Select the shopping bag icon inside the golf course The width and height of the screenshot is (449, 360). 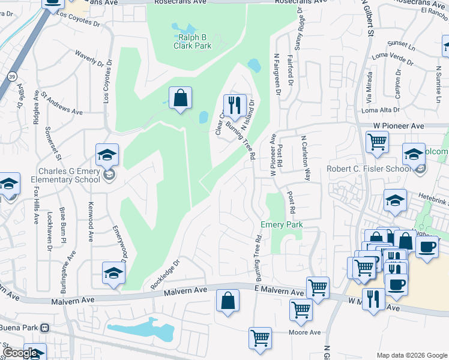click(x=180, y=98)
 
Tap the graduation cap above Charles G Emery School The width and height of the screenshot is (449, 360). click(x=107, y=156)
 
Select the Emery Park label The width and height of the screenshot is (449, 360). click(x=281, y=224)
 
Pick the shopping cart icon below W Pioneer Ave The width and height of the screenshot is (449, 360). click(x=377, y=143)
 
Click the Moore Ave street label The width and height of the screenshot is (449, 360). click(x=305, y=332)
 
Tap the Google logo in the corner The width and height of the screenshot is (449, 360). click(x=20, y=353)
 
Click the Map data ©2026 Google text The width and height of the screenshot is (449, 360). click(x=411, y=355)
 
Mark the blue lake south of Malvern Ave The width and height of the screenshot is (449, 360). click(x=140, y=329)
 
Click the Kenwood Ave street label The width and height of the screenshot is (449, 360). click(x=92, y=219)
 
